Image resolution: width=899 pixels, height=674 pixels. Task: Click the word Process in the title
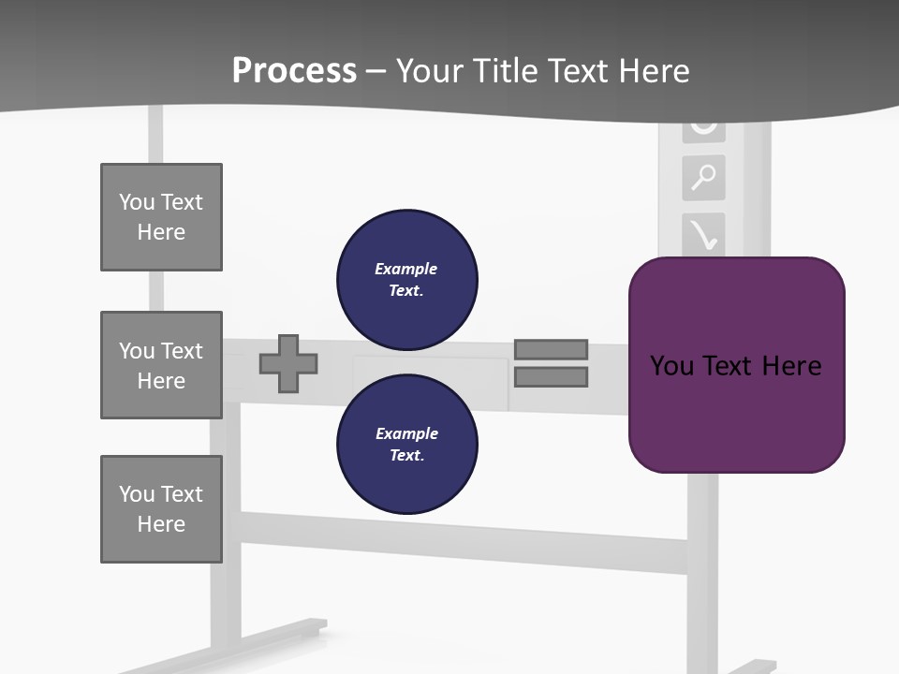point(294,71)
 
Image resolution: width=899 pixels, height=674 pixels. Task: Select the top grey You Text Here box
point(161,217)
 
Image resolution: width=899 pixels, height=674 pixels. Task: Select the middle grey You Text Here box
point(161,365)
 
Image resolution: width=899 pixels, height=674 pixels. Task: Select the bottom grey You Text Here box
point(161,509)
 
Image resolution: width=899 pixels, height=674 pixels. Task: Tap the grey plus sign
point(288,363)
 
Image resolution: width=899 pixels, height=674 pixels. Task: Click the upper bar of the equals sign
point(551,349)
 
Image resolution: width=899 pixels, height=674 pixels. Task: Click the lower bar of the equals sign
point(551,377)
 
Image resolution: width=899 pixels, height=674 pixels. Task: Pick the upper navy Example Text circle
point(406,279)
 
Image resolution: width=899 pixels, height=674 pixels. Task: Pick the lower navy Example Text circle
point(406,444)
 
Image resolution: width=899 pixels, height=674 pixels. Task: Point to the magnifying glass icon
point(703,176)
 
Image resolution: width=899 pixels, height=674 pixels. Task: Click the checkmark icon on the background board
point(704,235)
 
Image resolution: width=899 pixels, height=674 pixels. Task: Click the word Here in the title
point(656,71)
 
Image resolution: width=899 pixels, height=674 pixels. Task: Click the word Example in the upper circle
point(405,269)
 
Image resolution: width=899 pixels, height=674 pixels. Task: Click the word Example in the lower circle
point(406,433)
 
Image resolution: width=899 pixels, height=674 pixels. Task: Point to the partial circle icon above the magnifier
point(703,126)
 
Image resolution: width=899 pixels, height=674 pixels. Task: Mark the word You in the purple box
point(671,366)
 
